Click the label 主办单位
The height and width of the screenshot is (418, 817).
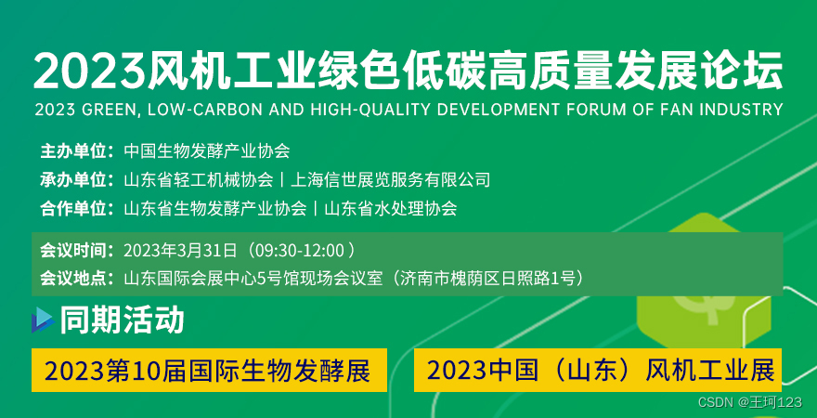74,151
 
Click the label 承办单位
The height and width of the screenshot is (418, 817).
74,180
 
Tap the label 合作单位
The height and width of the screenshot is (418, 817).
74,208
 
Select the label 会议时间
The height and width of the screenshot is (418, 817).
74,251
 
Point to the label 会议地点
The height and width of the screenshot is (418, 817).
74,278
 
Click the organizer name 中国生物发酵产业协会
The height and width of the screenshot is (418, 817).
207,151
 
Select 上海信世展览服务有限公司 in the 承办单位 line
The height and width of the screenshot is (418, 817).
390,180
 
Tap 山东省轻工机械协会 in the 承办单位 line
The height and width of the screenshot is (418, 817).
199,180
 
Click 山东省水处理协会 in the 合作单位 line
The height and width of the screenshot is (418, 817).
391,208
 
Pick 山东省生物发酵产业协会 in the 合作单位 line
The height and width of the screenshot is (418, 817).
215,208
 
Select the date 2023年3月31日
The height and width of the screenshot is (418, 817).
180,251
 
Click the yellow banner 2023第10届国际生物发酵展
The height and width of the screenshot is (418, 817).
210,370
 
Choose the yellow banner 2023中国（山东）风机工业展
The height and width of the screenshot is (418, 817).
598,370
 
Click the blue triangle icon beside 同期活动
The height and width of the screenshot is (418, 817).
43,320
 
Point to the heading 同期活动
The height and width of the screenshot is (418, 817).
122,320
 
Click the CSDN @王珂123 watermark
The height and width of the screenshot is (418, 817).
750,402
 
